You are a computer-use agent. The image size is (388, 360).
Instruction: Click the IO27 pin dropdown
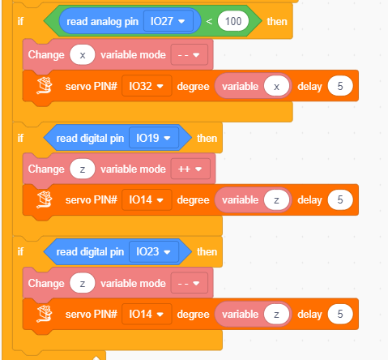point(168,21)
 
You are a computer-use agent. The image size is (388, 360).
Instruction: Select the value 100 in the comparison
point(233,21)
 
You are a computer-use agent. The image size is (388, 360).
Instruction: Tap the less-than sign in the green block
point(209,21)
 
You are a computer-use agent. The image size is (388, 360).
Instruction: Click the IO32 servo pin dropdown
point(147,86)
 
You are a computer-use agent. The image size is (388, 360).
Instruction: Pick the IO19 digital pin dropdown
point(154,138)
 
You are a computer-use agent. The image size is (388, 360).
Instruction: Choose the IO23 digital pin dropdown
point(154,251)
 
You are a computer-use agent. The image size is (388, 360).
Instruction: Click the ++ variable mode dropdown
point(190,169)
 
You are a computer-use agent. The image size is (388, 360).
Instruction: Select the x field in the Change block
point(83,55)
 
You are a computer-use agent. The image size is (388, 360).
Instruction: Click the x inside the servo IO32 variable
point(276,87)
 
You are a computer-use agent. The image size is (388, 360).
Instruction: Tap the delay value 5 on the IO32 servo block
point(340,86)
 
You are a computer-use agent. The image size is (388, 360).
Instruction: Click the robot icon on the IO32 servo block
point(44,85)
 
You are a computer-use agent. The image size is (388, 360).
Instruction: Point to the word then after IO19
point(207,139)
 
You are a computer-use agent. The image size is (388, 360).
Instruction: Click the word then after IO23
point(207,252)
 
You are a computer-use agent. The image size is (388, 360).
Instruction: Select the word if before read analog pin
point(20,21)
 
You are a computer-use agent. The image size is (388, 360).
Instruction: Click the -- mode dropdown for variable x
point(190,55)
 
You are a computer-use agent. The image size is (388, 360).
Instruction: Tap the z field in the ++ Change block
point(83,169)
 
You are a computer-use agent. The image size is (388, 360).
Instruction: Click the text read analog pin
point(102,22)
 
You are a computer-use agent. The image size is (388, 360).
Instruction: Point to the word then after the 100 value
point(277,21)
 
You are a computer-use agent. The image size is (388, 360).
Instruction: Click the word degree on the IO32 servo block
point(193,87)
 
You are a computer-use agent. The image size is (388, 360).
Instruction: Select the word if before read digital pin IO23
point(20,251)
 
